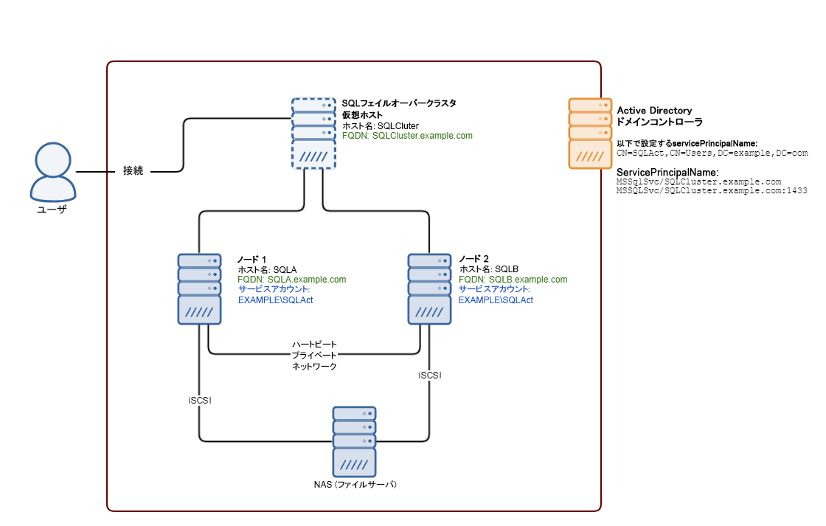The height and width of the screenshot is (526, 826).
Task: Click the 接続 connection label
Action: pos(133,171)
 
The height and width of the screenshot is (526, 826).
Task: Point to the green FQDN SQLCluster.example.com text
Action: pos(407,136)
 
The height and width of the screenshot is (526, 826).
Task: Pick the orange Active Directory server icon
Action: pos(590,134)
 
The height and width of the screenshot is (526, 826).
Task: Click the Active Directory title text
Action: pos(654,111)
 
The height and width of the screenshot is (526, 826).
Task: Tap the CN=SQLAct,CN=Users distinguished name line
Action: pos(712,153)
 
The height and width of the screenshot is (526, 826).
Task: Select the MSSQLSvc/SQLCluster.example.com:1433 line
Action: pos(711,190)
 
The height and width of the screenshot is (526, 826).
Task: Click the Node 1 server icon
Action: pos(199,288)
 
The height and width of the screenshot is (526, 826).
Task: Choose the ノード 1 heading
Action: pos(251,260)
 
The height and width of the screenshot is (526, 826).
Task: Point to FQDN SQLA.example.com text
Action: pos(291,280)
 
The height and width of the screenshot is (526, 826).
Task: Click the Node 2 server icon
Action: pos(430,288)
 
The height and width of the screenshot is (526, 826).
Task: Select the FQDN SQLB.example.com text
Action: pos(513,280)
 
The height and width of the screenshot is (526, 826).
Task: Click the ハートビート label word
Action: pos(314,345)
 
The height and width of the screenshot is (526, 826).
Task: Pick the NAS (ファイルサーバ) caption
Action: pos(355,485)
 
